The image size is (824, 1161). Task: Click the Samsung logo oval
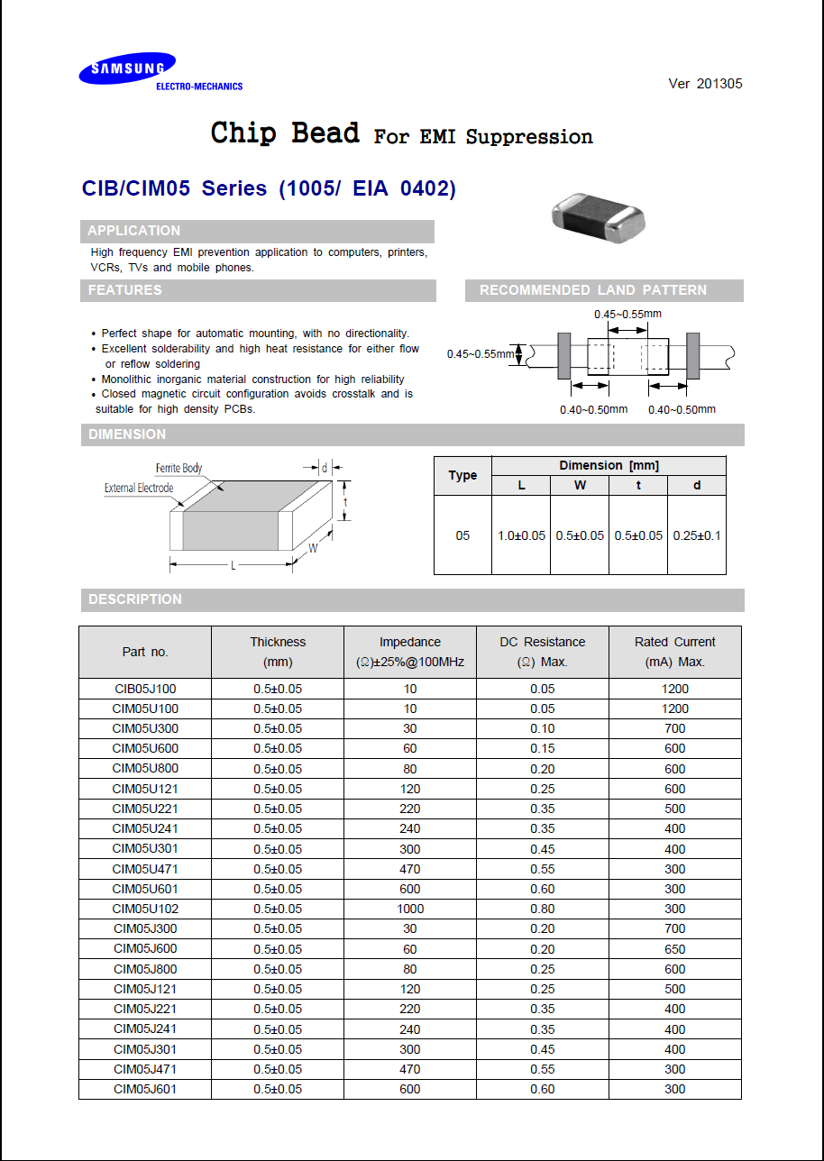pyautogui.click(x=126, y=69)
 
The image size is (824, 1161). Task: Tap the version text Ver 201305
pyautogui.click(x=705, y=84)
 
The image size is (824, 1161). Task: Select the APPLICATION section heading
pyautogui.click(x=133, y=231)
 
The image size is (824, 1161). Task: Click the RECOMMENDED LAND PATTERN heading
pyautogui.click(x=592, y=290)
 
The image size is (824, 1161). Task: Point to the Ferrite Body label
pyautogui.click(x=179, y=468)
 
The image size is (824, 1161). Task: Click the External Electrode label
pyautogui.click(x=138, y=488)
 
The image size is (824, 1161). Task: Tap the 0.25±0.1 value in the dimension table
pyautogui.click(x=696, y=535)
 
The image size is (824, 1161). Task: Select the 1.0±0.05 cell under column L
pyautogui.click(x=521, y=535)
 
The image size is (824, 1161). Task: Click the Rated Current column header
pyautogui.click(x=674, y=651)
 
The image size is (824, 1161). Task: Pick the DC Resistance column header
pyautogui.click(x=542, y=651)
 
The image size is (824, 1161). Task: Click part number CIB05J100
pyautogui.click(x=145, y=689)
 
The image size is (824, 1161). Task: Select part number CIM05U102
pyautogui.click(x=145, y=909)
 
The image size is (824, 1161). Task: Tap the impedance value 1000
pyautogui.click(x=410, y=909)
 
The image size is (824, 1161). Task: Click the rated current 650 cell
pyautogui.click(x=674, y=949)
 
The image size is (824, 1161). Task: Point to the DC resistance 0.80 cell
pyautogui.click(x=542, y=909)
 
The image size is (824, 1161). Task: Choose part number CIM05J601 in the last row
pyautogui.click(x=145, y=1089)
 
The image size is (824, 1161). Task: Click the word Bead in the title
pyautogui.click(x=325, y=133)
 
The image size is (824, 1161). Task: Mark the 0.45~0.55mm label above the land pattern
pyautogui.click(x=627, y=314)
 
